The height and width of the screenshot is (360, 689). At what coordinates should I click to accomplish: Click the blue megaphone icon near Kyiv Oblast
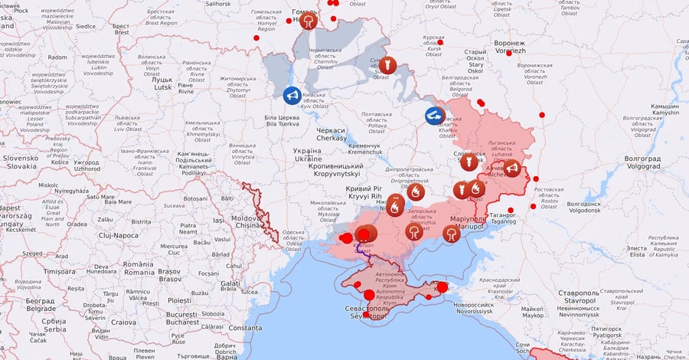[x=292, y=95]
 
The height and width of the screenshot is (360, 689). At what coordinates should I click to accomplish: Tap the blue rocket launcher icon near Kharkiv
[x=435, y=116]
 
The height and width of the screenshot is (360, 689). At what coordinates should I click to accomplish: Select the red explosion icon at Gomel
[x=308, y=20]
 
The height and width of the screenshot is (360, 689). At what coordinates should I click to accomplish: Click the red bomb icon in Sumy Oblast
[x=387, y=65]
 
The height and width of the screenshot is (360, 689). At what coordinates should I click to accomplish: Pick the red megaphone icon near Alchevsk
[x=512, y=168]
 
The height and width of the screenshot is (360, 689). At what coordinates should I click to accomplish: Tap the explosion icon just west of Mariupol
[x=452, y=233]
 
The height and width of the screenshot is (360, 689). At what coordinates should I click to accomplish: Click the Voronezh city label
[x=510, y=47]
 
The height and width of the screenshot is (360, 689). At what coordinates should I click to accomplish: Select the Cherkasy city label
[x=331, y=134]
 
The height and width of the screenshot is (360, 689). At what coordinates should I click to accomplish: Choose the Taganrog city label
[x=503, y=217]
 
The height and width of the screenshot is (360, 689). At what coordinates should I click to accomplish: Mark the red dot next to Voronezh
[x=509, y=53]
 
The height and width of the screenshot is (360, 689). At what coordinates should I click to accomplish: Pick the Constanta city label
[x=244, y=328]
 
